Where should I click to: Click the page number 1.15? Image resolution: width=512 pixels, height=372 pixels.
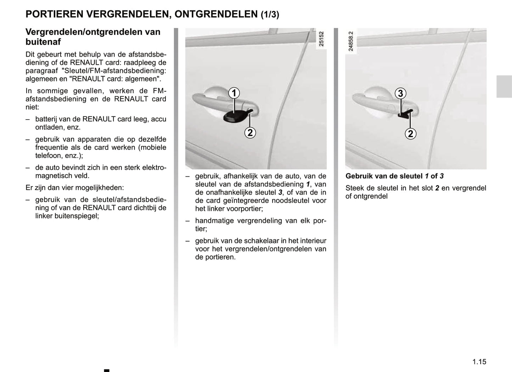coord(479,362)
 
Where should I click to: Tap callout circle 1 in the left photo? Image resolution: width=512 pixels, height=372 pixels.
coord(234,93)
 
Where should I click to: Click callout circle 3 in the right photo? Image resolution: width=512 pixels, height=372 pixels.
coord(400,93)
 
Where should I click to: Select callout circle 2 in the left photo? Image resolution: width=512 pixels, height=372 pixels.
coord(250,133)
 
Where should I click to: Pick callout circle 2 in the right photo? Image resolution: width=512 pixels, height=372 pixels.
coord(410,134)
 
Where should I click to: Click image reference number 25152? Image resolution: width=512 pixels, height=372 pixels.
coord(321,39)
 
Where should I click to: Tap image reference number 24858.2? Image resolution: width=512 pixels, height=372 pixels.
coord(350,41)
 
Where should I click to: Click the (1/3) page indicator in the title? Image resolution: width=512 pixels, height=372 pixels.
coord(270,15)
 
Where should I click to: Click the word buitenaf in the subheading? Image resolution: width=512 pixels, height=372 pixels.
coord(43,42)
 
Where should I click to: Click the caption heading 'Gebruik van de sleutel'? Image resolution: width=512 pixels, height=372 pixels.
coord(384,176)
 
